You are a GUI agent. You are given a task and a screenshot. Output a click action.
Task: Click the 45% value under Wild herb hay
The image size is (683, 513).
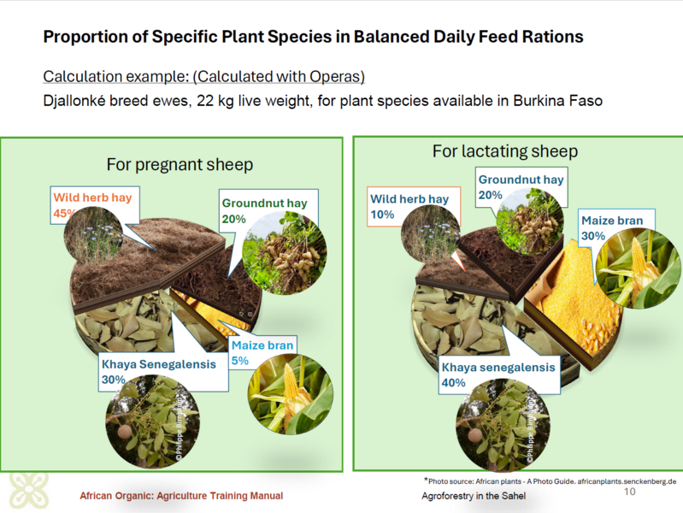coord(63,213)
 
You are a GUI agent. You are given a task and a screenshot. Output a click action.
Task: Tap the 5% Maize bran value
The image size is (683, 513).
coord(240,361)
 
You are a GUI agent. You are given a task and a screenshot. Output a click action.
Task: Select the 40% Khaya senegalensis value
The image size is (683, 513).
coord(453,383)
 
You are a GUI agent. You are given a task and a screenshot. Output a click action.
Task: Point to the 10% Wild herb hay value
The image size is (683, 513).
coord(382,215)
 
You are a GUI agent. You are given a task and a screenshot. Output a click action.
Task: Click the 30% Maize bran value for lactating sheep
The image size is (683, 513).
coord(593,236)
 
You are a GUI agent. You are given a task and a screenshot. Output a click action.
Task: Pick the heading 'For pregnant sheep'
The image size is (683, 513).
coord(180,165)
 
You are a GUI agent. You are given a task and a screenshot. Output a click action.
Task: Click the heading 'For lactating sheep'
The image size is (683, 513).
coord(505,151)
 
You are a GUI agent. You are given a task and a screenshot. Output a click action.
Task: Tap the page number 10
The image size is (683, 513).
coord(629,492)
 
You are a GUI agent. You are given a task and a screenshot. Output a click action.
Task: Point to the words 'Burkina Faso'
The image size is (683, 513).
coord(557,101)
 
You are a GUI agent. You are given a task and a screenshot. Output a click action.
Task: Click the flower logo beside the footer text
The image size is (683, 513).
coord(29,490)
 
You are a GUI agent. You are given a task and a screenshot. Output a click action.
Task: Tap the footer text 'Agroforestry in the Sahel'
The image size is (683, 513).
coord(474,496)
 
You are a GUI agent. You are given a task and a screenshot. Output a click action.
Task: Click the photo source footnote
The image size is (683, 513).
coord(551,481)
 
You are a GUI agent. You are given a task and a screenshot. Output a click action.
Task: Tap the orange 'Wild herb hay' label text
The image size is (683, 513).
coord(92,198)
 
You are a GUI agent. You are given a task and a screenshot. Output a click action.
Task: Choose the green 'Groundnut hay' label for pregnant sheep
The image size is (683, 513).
coord(264,203)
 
